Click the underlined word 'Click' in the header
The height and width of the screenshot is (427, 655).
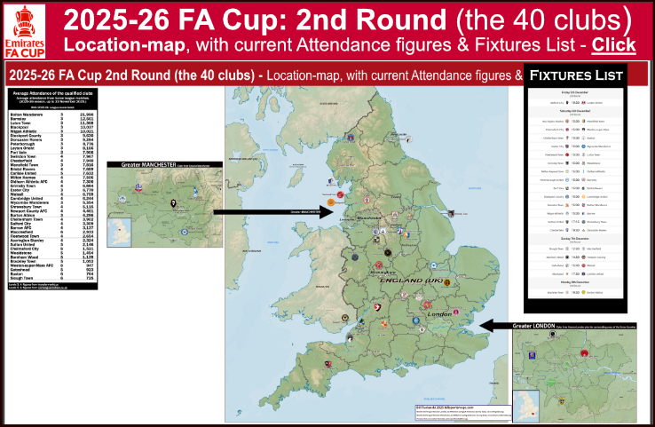(x=613, y=44)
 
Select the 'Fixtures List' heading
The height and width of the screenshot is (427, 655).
(x=574, y=75)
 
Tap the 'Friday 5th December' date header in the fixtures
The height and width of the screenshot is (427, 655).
(x=574, y=91)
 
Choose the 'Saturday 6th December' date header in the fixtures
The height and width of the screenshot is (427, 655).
(x=574, y=109)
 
